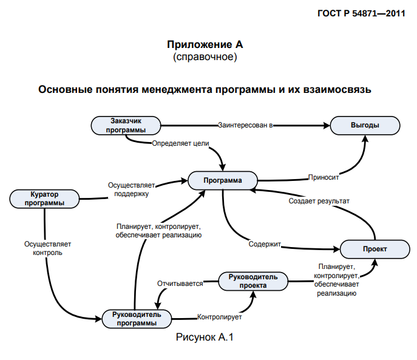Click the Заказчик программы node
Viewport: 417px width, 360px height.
[x=126, y=125]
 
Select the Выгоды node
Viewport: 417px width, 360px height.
[x=365, y=125]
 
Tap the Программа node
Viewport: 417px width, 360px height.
[x=223, y=180]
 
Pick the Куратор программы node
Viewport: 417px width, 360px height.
[x=45, y=199]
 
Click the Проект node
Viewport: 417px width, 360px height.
[x=375, y=249]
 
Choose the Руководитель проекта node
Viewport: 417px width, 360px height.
[x=253, y=280]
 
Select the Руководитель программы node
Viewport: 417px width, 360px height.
[x=137, y=318]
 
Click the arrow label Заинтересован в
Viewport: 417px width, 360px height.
[x=245, y=125]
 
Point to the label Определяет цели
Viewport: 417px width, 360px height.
[x=180, y=143]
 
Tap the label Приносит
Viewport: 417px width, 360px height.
[x=323, y=178]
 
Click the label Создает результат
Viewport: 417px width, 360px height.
[x=319, y=200]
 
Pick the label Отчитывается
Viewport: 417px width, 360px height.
[x=180, y=284]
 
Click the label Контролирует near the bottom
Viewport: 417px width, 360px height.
[x=220, y=317]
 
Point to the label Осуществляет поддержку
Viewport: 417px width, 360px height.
[x=132, y=189]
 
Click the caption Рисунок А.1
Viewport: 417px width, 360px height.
[x=205, y=337]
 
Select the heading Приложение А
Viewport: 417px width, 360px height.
[x=205, y=45]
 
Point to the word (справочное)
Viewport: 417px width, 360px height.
[x=205, y=57]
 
